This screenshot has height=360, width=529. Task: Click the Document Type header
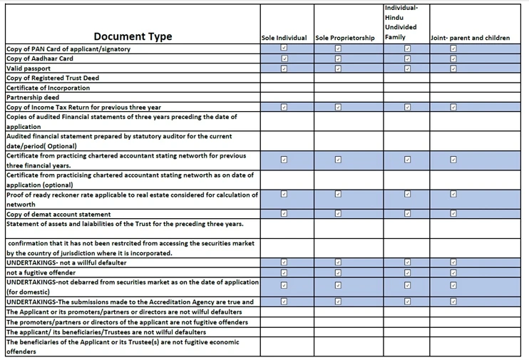click(x=132, y=36)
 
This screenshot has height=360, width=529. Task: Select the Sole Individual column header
click(x=284, y=38)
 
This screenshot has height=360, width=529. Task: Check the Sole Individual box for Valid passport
click(x=284, y=68)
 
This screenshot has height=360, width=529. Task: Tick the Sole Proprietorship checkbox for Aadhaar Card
click(x=338, y=58)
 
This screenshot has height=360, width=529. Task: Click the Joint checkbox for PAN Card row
click(x=453, y=48)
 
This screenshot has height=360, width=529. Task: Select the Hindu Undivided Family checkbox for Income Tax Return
click(x=407, y=107)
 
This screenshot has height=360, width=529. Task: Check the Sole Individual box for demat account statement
click(x=284, y=213)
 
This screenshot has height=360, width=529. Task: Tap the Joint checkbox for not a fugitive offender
click(x=453, y=272)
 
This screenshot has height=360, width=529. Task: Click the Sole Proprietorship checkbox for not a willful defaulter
click(x=338, y=262)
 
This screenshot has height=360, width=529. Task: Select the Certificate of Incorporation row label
click(x=48, y=88)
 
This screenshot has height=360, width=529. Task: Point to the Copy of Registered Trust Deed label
click(x=53, y=78)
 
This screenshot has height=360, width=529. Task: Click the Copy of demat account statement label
click(x=58, y=214)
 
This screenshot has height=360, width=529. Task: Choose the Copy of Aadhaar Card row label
click(x=40, y=58)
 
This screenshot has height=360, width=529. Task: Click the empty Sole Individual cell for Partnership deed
click(x=284, y=98)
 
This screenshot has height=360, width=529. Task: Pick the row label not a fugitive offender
click(x=41, y=272)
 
